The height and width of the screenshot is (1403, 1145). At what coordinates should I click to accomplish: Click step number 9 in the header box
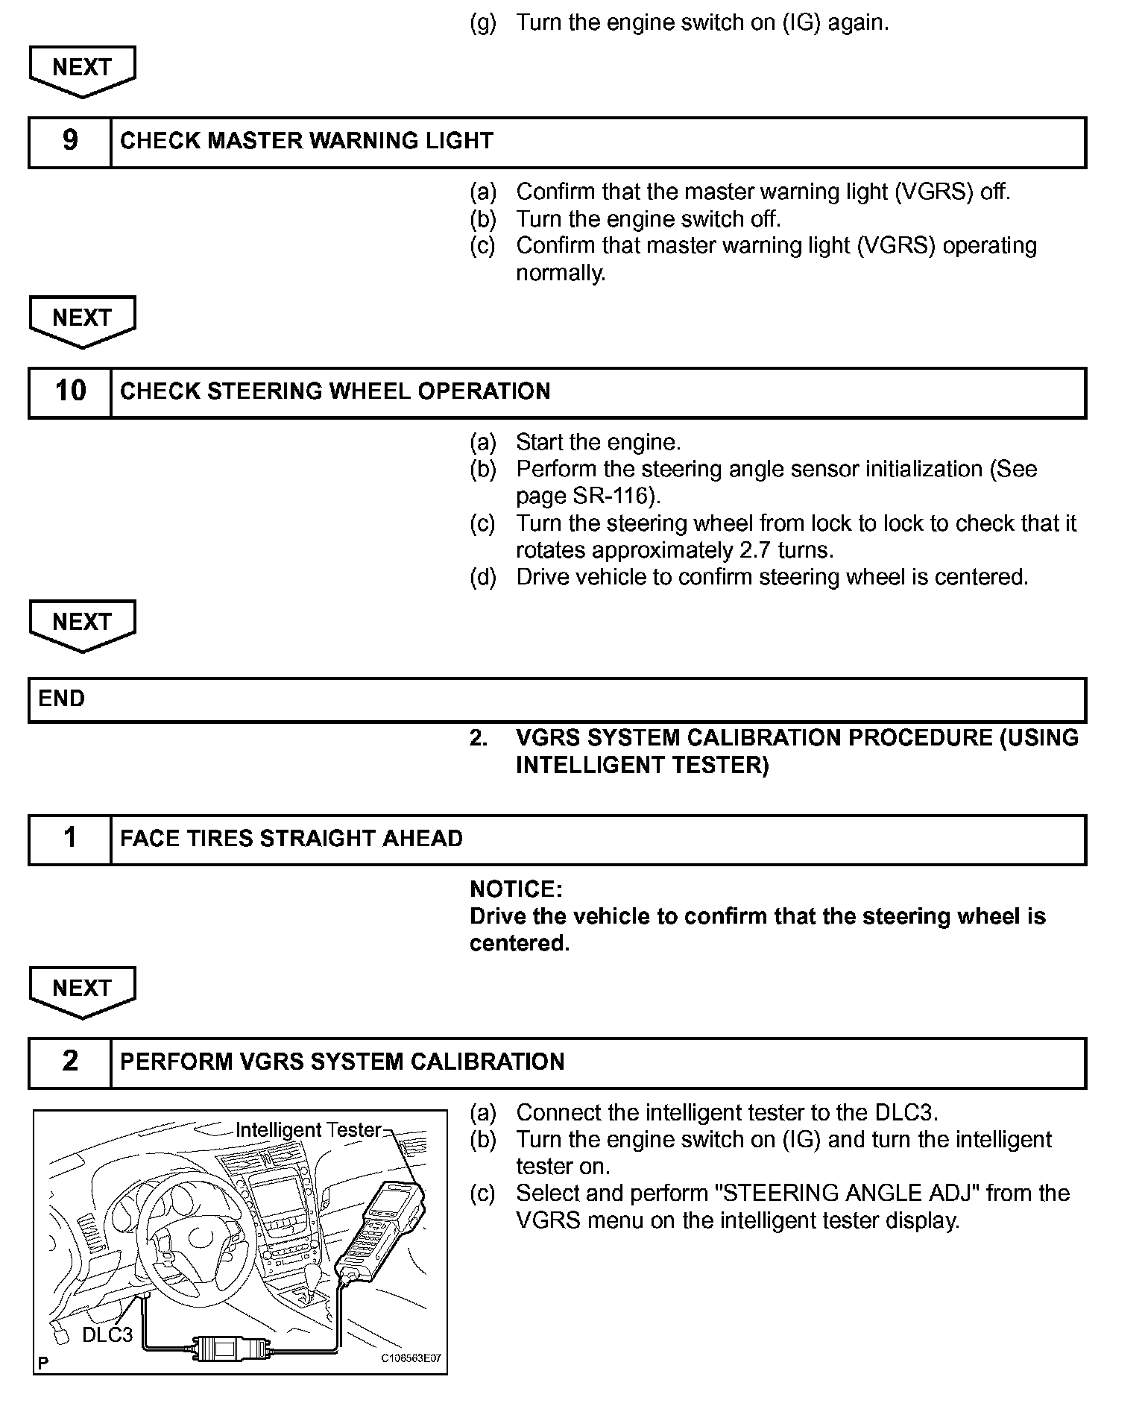pyautogui.click(x=70, y=140)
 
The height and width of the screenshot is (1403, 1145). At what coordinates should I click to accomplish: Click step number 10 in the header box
pyautogui.click(x=70, y=391)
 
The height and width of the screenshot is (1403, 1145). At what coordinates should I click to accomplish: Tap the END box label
pyautogui.click(x=61, y=699)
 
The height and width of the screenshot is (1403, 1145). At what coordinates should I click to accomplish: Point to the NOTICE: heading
pyautogui.click(x=515, y=889)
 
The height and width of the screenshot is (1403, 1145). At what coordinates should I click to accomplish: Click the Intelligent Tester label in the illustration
pyautogui.click(x=308, y=1130)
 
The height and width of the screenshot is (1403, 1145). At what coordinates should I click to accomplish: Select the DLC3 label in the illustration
pyautogui.click(x=107, y=1334)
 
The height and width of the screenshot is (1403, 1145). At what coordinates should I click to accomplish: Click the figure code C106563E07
pyautogui.click(x=411, y=1358)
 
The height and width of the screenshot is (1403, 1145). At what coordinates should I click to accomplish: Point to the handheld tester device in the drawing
pyautogui.click(x=380, y=1230)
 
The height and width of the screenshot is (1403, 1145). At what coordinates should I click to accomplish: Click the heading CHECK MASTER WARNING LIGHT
pyautogui.click(x=306, y=141)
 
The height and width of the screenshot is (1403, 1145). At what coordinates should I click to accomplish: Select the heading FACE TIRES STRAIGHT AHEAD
pyautogui.click(x=291, y=839)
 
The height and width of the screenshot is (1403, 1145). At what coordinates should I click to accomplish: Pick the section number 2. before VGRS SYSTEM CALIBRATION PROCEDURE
pyautogui.click(x=479, y=738)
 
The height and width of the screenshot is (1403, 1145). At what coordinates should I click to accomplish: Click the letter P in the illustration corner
pyautogui.click(x=43, y=1363)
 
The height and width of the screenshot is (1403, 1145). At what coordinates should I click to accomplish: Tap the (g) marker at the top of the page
pyautogui.click(x=482, y=22)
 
